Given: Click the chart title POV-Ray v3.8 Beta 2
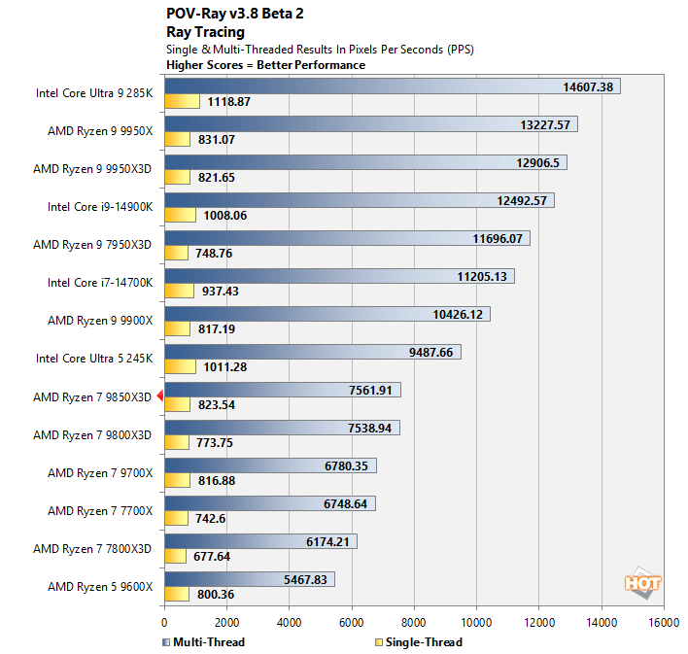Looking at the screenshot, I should pyautogui.click(x=234, y=14).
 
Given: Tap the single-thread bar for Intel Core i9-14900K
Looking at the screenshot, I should pyautogui.click(x=180, y=215).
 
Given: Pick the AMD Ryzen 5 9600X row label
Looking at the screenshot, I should pyautogui.click(x=99, y=586).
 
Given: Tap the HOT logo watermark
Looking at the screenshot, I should pyautogui.click(x=642, y=583).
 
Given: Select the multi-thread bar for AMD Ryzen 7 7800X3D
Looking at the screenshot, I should pyautogui.click(x=260, y=541).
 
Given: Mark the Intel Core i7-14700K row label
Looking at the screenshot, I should pyautogui.click(x=99, y=283).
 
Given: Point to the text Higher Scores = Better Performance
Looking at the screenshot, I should pyautogui.click(x=266, y=65).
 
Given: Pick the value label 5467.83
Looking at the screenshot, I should pyautogui.click(x=304, y=579).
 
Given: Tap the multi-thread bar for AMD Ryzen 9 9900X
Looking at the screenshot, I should pyautogui.click(x=327, y=314).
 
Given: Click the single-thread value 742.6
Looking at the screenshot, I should pyautogui.click(x=212, y=518).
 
